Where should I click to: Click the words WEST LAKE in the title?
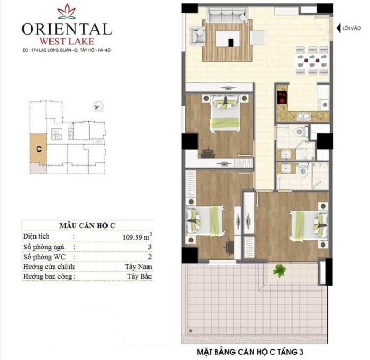67,42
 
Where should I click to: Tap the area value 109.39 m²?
137,237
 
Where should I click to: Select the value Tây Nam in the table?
138,267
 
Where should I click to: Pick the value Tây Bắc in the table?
140,276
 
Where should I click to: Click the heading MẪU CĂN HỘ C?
87,226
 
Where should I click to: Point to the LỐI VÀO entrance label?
351,28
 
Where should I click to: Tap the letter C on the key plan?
39,149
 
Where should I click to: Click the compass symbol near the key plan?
99,106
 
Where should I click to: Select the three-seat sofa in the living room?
227,15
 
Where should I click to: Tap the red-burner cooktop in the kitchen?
282,97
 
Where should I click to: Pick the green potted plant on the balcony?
279,270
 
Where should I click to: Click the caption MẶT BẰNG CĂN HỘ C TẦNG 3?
250,352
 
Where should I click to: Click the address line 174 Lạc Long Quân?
67,50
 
